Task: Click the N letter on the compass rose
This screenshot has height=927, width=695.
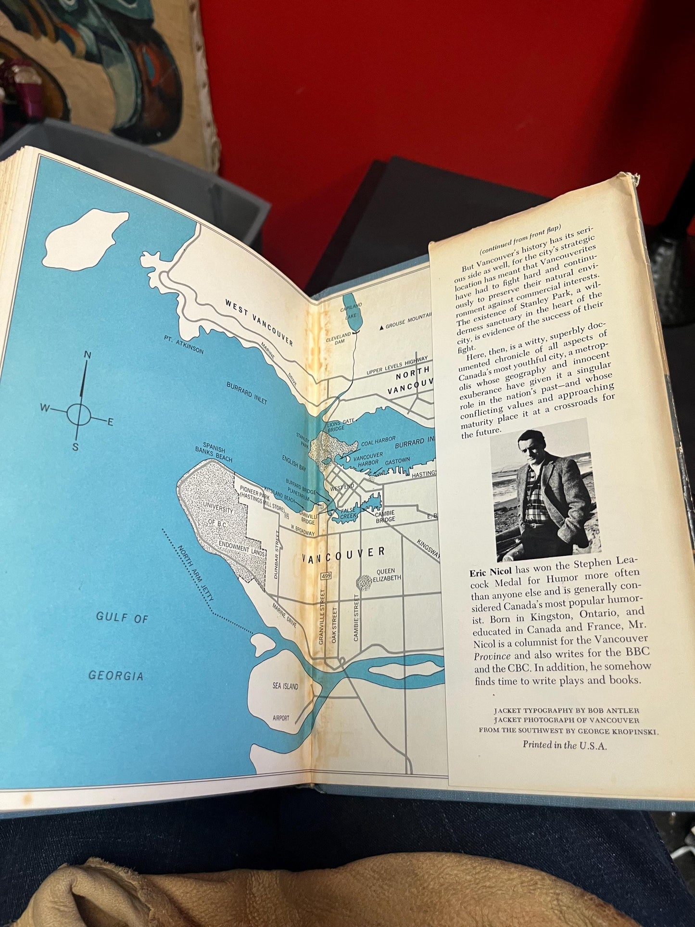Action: click(88, 355)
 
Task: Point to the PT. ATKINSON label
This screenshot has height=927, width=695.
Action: click(183, 344)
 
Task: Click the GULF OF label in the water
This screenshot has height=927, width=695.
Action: click(122, 618)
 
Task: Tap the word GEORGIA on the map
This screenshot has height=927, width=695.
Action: click(116, 675)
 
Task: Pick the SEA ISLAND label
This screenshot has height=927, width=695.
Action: click(285, 686)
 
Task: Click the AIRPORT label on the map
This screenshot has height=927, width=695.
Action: click(281, 718)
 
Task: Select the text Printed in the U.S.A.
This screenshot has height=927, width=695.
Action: click(565, 745)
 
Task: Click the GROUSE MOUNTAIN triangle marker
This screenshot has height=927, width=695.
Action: click(382, 327)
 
